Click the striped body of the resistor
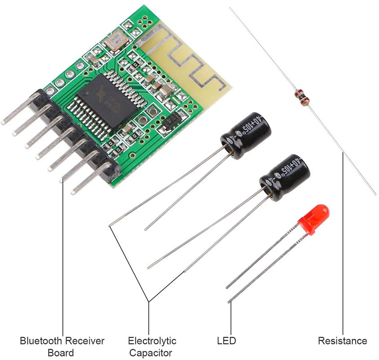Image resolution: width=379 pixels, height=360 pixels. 301,96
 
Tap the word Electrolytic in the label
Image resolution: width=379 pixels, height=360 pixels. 152,341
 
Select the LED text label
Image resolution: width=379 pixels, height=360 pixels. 226,341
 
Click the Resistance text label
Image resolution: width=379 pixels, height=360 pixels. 342,341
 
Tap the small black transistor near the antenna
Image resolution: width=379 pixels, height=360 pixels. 172,120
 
